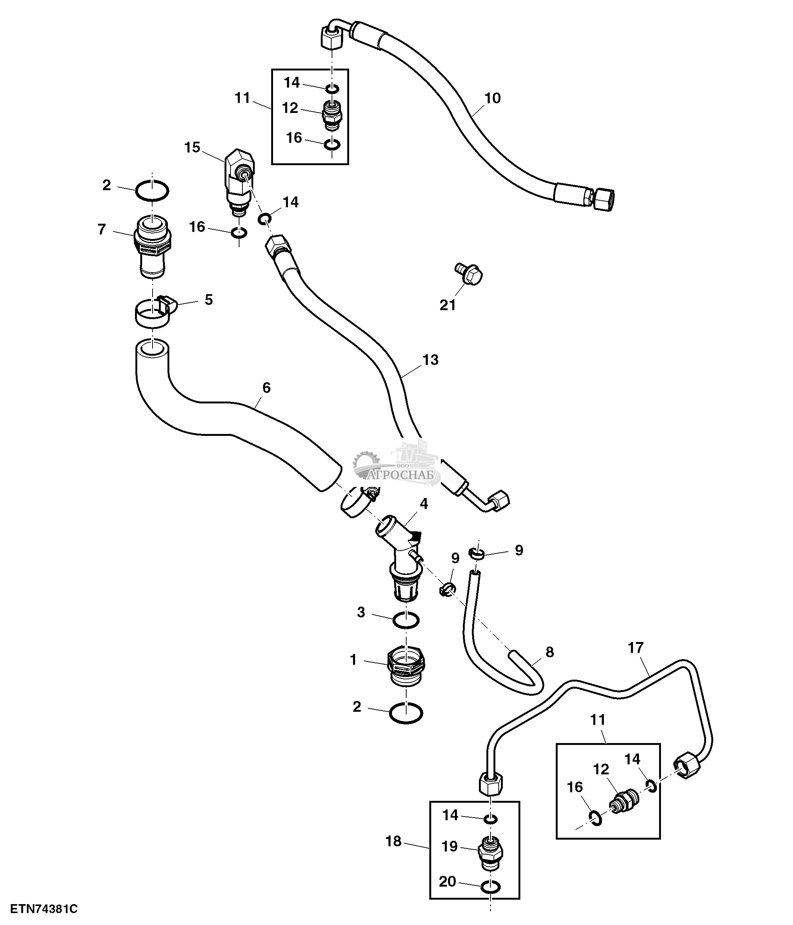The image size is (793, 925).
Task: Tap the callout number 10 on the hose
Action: (x=492, y=98)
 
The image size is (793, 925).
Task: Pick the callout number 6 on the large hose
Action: (x=266, y=387)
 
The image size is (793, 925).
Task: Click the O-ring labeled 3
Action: (x=406, y=620)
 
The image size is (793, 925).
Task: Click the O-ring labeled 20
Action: (x=491, y=887)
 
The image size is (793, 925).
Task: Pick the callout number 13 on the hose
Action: (x=430, y=359)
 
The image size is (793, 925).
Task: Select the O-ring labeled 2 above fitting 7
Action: (x=152, y=191)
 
